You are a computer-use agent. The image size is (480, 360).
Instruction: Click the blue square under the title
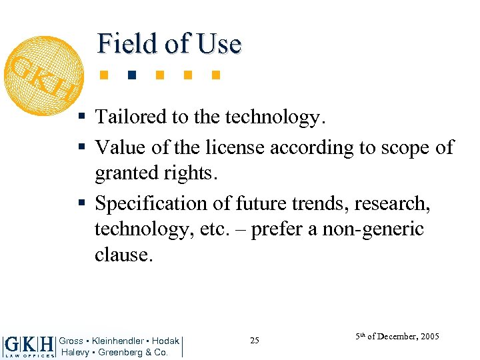[x=133, y=74]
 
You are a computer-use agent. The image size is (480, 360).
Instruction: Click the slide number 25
[x=255, y=341]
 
